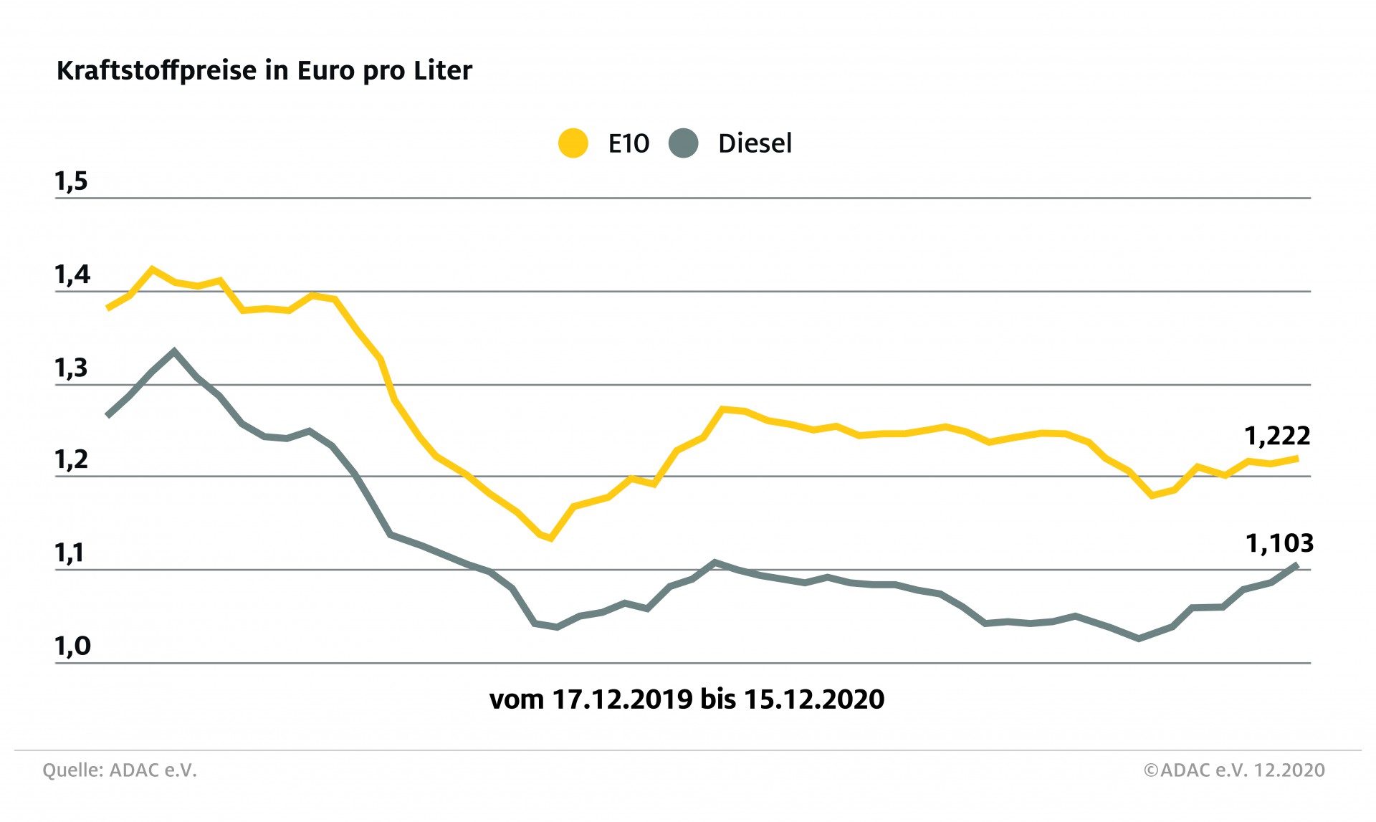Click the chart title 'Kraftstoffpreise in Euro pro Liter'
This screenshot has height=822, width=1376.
(x=264, y=71)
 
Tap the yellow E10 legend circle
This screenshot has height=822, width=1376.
(x=573, y=143)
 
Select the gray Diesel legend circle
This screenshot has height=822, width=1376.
(x=683, y=143)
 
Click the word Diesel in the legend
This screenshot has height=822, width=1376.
(x=755, y=143)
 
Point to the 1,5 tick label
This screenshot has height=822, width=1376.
(x=71, y=182)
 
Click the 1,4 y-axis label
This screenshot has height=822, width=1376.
(x=72, y=275)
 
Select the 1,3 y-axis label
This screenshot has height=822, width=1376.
(x=71, y=368)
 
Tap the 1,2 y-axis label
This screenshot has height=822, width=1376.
(x=71, y=460)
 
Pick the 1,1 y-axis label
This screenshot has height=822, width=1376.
(x=70, y=553)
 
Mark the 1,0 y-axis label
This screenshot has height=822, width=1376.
(x=72, y=646)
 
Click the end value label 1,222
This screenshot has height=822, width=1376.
(x=1277, y=436)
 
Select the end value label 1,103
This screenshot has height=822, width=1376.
(x=1279, y=543)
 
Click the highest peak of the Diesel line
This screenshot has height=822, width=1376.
(x=174, y=351)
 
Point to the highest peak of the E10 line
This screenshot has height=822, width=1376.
(x=152, y=269)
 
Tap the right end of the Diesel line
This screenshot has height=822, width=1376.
(x=1296, y=565)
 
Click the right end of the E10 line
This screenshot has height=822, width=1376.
(x=1296, y=458)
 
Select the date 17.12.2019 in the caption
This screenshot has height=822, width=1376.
(x=622, y=699)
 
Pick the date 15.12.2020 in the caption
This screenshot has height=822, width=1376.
(x=813, y=699)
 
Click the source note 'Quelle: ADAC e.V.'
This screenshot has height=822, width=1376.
(x=119, y=770)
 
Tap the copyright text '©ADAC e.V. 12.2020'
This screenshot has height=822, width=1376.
(x=1234, y=770)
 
